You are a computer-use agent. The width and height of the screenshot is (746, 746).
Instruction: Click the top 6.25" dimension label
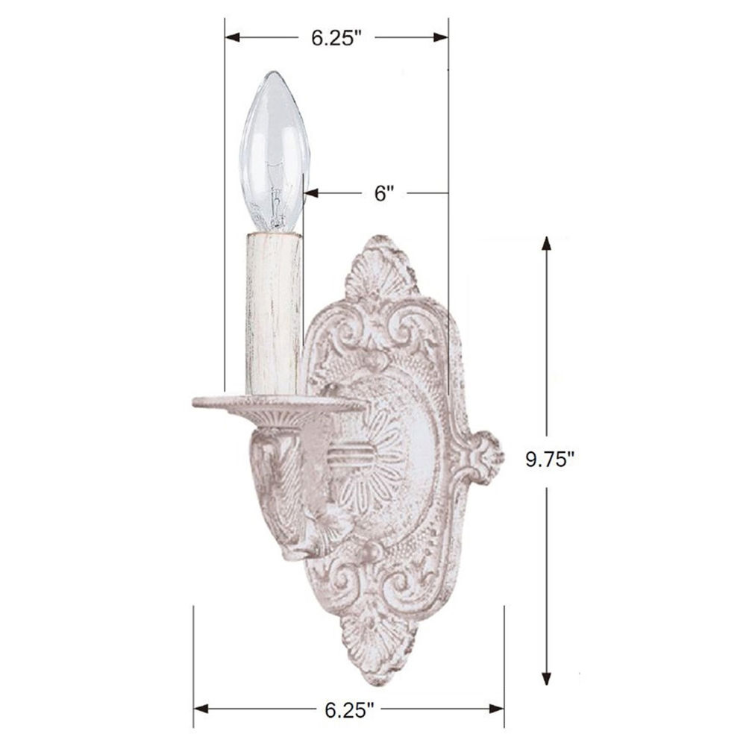(337, 38)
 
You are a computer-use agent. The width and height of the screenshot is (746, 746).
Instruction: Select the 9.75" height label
(551, 459)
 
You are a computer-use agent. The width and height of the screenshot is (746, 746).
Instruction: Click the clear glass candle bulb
(275, 152)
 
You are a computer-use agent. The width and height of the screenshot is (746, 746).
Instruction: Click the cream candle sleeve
(274, 313)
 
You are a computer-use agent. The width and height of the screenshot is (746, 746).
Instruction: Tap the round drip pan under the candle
(279, 404)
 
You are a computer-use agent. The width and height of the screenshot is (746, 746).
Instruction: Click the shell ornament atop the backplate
(380, 269)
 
